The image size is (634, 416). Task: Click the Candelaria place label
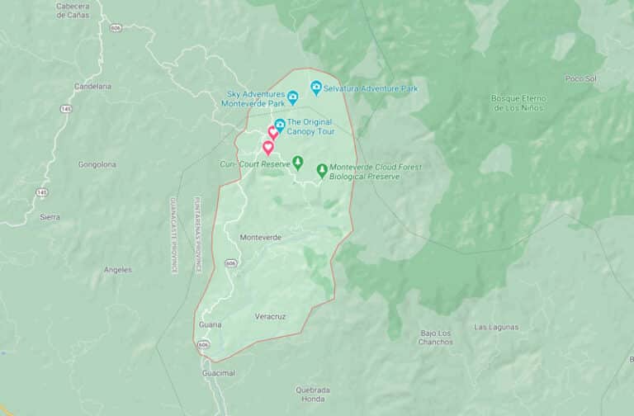(x=92, y=86)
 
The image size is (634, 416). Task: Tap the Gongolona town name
(x=97, y=164)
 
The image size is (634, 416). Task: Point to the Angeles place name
(x=117, y=270)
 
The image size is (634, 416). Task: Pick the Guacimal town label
(x=219, y=373)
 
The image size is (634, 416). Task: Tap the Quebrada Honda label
(x=313, y=395)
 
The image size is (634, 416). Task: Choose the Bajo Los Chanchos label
(x=435, y=338)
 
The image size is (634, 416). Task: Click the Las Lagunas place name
(x=497, y=327)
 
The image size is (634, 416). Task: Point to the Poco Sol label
(x=580, y=78)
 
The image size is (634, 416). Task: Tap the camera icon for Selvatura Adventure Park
(x=315, y=87)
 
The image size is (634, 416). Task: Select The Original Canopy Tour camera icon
(x=280, y=125)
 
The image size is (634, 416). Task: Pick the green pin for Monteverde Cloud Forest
(x=322, y=170)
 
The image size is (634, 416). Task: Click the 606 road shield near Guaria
(x=204, y=343)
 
